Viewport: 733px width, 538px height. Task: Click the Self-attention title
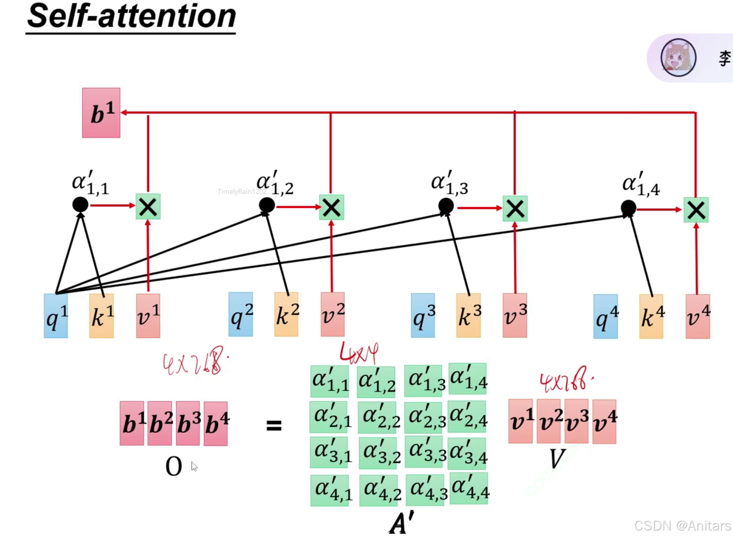131,17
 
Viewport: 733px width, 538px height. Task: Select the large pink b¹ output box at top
101,113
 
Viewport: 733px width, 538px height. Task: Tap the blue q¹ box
56,316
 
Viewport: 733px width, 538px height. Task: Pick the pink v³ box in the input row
515,315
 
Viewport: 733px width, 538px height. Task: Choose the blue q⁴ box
605,317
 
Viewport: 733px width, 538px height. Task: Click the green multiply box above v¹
148,207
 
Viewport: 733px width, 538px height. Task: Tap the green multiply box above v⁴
696,210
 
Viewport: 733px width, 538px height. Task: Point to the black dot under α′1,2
267,205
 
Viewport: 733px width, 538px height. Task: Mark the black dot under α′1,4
628,208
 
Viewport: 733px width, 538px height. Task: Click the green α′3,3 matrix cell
425,451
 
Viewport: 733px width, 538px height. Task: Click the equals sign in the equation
274,425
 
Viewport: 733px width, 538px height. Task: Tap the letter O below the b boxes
174,466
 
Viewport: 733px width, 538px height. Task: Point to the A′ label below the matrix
401,523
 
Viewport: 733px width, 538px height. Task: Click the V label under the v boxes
556,459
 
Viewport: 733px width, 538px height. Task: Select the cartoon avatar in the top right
678,58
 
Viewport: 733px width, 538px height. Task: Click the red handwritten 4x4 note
359,353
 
